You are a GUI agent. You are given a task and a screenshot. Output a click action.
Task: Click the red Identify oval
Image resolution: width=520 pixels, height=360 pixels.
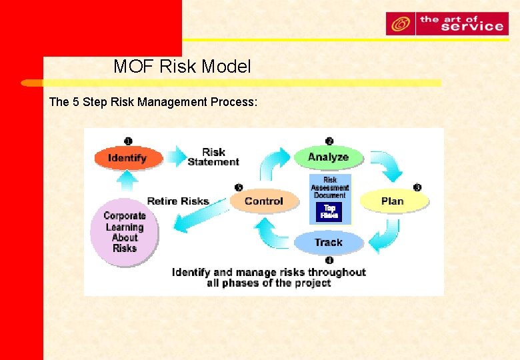pyautogui.click(x=127, y=158)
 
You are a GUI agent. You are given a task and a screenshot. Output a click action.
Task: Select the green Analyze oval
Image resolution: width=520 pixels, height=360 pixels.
pyautogui.click(x=328, y=157)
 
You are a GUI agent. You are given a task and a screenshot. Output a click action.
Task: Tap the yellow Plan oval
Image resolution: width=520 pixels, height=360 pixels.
pyautogui.click(x=393, y=201)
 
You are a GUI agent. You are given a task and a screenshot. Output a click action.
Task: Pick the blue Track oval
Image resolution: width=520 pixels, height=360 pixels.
pyautogui.click(x=328, y=242)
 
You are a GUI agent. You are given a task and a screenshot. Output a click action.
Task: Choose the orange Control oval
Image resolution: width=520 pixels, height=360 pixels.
pyautogui.click(x=263, y=201)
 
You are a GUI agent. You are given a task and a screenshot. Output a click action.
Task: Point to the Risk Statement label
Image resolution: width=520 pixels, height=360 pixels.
pyautogui.click(x=213, y=157)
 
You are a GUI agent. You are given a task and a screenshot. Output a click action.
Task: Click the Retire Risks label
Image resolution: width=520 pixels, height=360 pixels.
pyautogui.click(x=178, y=201)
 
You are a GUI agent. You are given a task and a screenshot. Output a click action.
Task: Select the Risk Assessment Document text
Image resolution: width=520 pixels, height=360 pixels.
pyautogui.click(x=329, y=187)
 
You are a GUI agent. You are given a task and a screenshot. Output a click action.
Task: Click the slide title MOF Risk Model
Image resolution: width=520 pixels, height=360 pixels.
pyautogui.click(x=182, y=67)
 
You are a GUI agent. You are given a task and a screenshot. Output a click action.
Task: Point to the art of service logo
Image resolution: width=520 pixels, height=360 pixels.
pyautogui.click(x=447, y=24)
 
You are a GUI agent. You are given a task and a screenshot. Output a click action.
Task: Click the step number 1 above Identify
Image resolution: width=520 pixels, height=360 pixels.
pyautogui.click(x=128, y=141)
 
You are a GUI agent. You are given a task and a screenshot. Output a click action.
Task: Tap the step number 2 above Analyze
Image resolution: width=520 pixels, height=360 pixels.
pyautogui.click(x=329, y=141)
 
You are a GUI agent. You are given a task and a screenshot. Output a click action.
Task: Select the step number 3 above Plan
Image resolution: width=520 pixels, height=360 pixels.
pyautogui.click(x=417, y=187)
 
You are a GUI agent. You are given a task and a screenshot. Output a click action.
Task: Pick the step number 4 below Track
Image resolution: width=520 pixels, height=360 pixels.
pyautogui.click(x=329, y=259)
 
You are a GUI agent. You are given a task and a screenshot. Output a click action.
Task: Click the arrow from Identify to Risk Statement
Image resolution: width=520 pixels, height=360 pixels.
pyautogui.click(x=177, y=157)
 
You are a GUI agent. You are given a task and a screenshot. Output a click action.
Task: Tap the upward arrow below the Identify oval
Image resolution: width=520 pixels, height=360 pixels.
pyautogui.click(x=127, y=180)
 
